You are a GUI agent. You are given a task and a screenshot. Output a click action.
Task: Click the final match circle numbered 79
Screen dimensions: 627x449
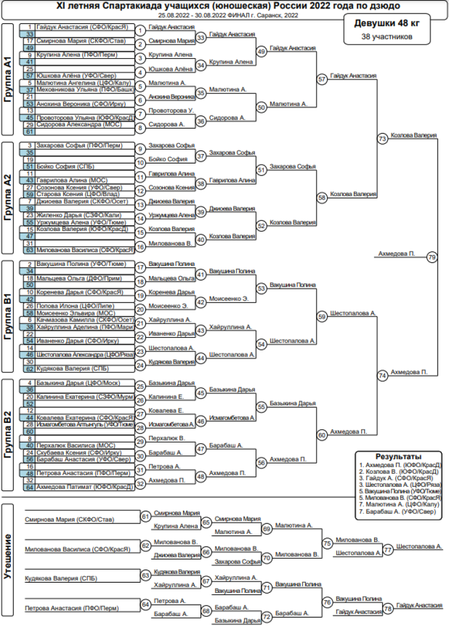(432, 257)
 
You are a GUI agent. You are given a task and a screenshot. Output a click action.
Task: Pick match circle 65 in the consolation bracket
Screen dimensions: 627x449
(207, 522)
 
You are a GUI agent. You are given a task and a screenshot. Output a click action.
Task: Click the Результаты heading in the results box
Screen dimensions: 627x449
(398, 456)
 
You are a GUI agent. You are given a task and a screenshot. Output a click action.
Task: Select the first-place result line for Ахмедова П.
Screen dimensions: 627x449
(399, 465)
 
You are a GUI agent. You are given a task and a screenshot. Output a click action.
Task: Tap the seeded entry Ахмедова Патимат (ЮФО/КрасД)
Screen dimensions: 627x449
(84, 487)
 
